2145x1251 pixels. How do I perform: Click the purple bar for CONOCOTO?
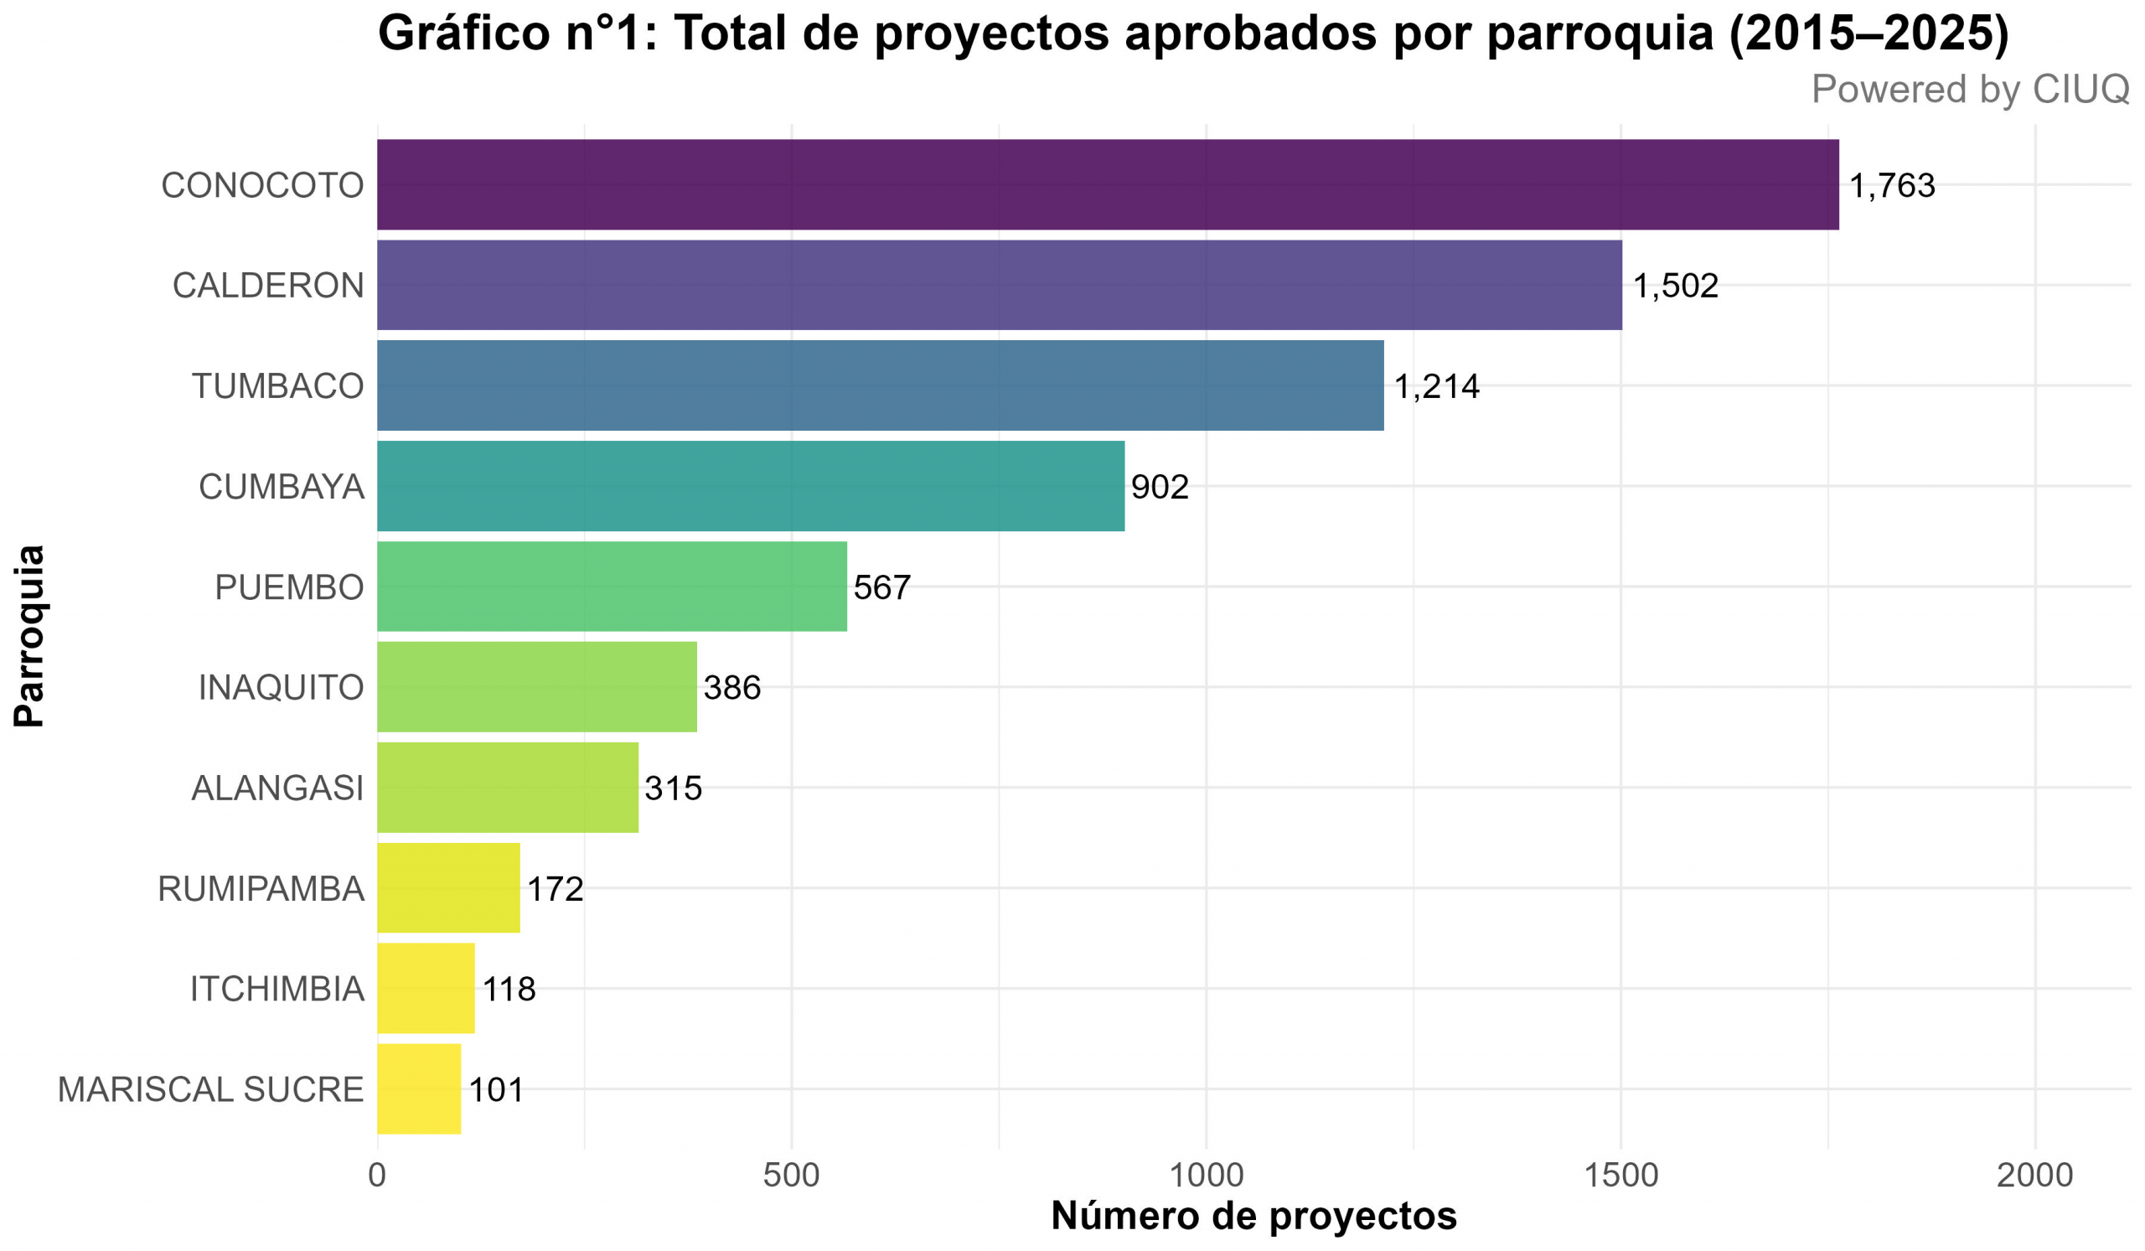tap(1107, 184)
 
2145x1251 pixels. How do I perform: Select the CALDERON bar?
tap(1000, 285)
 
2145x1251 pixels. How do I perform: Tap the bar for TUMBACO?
tap(880, 385)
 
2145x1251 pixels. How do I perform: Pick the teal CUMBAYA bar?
tap(751, 486)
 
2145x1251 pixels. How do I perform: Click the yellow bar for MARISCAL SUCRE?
tap(419, 1089)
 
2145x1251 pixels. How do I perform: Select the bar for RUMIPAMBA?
tap(448, 888)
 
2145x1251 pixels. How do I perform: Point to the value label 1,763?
tap(1891, 185)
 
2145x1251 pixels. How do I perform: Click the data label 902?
tap(1160, 487)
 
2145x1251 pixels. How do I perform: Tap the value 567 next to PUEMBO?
tap(881, 587)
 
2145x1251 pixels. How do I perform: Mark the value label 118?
tap(509, 989)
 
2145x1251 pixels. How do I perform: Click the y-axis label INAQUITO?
tap(281, 688)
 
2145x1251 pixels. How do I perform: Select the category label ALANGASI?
tap(277, 788)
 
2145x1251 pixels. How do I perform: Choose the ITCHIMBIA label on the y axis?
tap(277, 989)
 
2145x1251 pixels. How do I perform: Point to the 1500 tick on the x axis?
tap(1620, 1176)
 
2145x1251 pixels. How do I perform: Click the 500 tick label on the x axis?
tap(791, 1176)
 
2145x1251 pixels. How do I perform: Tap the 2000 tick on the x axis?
tap(2034, 1176)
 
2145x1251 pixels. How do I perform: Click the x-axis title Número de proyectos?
tap(1253, 1216)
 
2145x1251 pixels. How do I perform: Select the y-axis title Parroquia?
tap(29, 636)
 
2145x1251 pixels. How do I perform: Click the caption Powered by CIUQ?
tap(1970, 90)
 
